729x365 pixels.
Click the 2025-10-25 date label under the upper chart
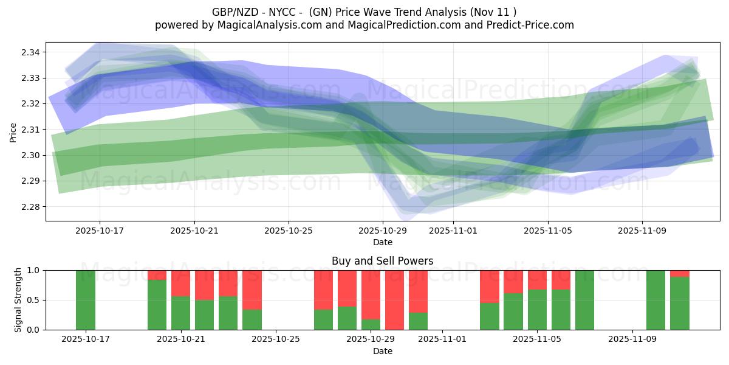289,231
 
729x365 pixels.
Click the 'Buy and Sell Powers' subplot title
382,261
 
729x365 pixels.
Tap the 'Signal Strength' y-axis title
18,300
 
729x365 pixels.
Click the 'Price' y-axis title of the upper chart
13,131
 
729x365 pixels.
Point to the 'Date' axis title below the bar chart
382,351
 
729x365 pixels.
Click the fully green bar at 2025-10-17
86,300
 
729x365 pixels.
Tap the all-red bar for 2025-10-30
394,300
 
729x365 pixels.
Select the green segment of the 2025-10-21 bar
180,313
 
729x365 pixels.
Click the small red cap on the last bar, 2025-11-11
680,273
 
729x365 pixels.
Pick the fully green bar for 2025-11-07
584,300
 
